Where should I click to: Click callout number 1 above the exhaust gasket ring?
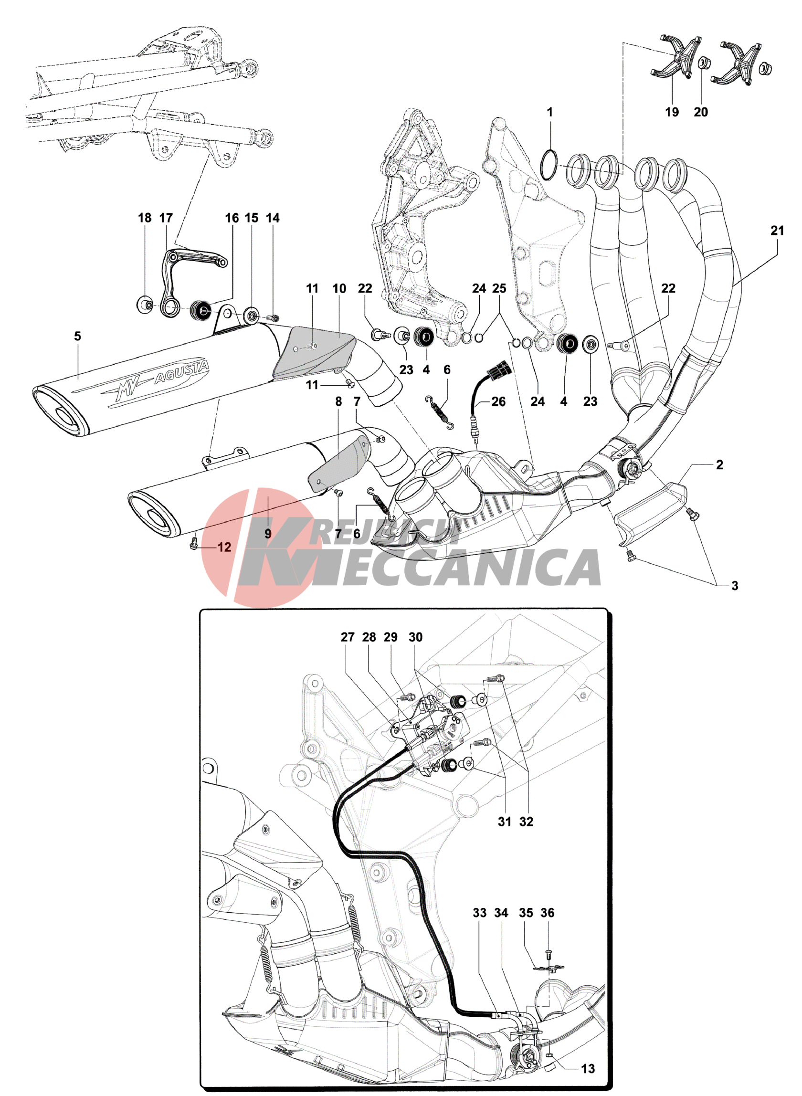[x=549, y=112]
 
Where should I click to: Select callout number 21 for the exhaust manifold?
[x=777, y=231]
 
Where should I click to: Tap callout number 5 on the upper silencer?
[x=78, y=336]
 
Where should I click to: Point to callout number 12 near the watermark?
[x=224, y=548]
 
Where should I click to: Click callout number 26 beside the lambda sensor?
[x=498, y=402]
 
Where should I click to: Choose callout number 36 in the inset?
[x=548, y=913]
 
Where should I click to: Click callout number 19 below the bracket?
[x=672, y=112]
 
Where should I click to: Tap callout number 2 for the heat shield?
[x=719, y=465]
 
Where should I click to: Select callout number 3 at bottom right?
[x=735, y=586]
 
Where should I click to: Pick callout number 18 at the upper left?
[x=145, y=218]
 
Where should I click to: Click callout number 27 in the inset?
[x=348, y=637]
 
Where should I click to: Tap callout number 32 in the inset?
[x=526, y=822]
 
